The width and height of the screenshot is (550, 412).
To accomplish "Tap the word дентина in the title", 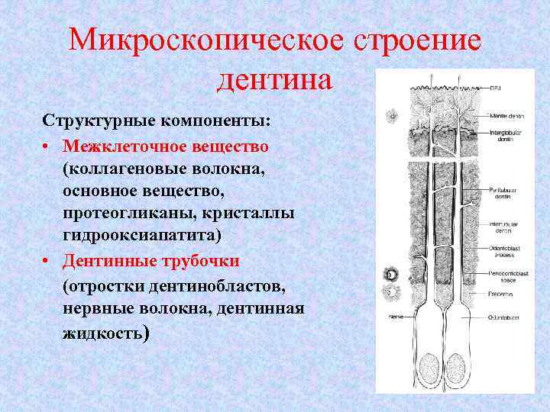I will pyautogui.click(x=275, y=79).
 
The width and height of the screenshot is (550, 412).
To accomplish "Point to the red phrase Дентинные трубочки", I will pyautogui.click(x=151, y=261).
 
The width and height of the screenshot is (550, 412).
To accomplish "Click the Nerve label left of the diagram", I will pyautogui.click(x=396, y=314).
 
